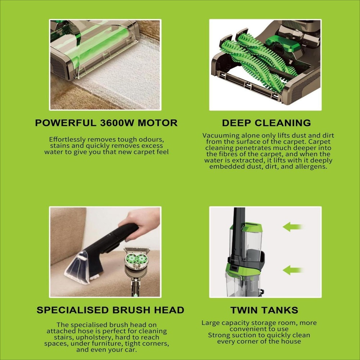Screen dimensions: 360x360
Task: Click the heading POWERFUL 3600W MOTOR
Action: (x=106, y=123)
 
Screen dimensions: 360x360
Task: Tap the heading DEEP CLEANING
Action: (x=266, y=123)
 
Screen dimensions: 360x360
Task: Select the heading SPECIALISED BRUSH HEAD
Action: (x=110, y=310)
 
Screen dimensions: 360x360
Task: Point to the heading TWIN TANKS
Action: (x=264, y=310)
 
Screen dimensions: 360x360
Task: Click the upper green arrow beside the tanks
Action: (x=292, y=227)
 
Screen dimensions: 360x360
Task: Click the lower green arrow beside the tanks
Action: (x=292, y=270)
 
